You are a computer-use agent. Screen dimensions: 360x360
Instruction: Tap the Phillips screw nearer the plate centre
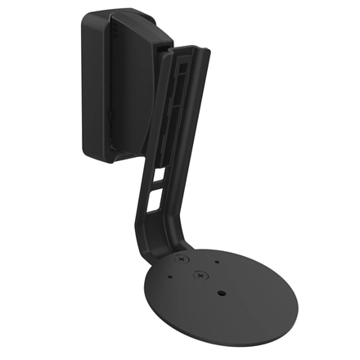[199, 276]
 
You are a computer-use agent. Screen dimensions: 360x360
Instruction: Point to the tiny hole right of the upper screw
[216, 263]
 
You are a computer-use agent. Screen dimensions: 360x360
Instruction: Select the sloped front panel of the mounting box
[131, 90]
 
